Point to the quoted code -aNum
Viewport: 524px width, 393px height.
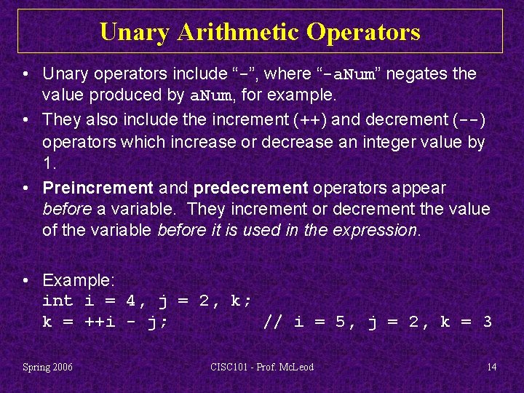click(x=349, y=74)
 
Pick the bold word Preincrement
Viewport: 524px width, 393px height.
click(x=98, y=188)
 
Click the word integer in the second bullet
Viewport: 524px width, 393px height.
click(x=389, y=142)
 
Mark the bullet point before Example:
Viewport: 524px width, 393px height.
click(x=25, y=280)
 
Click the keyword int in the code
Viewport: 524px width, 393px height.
click(x=57, y=301)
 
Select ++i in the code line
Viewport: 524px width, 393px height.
click(x=100, y=322)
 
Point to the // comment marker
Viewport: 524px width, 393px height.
click(x=273, y=322)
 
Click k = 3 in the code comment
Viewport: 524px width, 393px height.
click(x=467, y=322)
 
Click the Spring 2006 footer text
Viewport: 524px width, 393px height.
click(x=48, y=367)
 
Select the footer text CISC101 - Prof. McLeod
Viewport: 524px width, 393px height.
click(x=261, y=367)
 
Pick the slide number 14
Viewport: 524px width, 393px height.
click(x=492, y=367)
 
